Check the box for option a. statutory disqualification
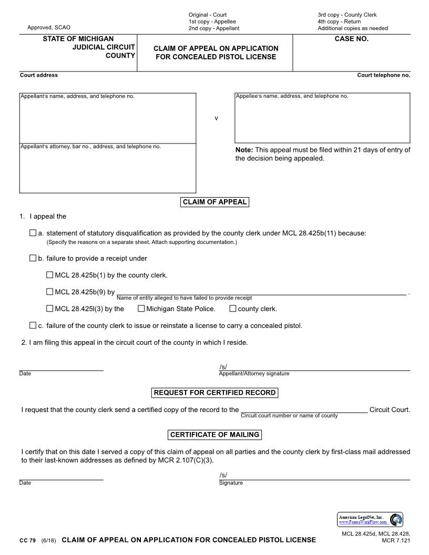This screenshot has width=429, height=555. (33, 233)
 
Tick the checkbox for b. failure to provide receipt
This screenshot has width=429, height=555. (33, 258)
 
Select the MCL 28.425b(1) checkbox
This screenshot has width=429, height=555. (50, 274)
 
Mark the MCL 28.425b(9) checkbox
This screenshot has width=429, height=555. (50, 292)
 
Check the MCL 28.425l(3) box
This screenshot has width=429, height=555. (50, 309)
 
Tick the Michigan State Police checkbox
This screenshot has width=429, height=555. (141, 309)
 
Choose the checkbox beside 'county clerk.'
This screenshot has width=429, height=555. (233, 309)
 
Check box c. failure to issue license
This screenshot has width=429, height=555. (33, 325)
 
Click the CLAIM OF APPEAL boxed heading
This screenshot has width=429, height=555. (214, 202)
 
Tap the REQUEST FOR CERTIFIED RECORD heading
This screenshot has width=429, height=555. (214, 393)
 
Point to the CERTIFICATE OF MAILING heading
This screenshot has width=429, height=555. (214, 435)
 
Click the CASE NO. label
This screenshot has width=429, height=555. (351, 39)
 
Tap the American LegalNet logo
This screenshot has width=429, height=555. (370, 520)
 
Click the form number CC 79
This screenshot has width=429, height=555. (27, 540)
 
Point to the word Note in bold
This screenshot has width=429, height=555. (244, 150)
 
